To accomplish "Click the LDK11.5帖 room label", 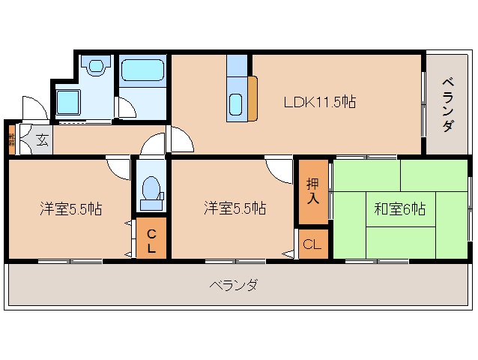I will pos(318,103).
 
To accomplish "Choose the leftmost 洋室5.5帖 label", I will pos(70,209).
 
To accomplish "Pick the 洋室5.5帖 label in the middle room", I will pos(235,209).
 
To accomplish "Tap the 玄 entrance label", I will pos(42,139).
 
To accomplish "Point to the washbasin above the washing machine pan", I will pos(95,67).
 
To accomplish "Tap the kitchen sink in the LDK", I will pos(236,104).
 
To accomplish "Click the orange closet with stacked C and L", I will pos(151,238).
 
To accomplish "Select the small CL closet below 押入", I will pos(313,244).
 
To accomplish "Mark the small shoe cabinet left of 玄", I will pos(11,139).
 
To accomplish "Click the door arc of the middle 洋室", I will pos(279,169).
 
